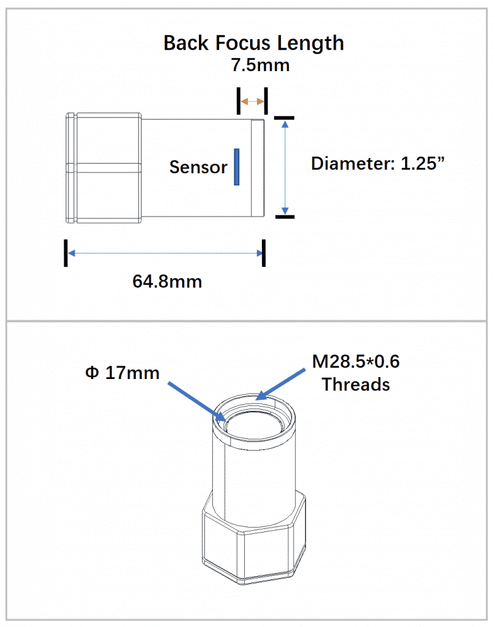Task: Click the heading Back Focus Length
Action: click(x=253, y=43)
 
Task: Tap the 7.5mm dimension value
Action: click(x=260, y=65)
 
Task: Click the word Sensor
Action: click(x=198, y=167)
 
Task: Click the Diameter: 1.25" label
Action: click(x=377, y=163)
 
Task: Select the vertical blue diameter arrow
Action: click(x=284, y=166)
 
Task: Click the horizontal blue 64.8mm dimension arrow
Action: click(x=164, y=253)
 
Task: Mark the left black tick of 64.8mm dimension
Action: click(x=65, y=253)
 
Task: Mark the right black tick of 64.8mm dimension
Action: click(x=264, y=253)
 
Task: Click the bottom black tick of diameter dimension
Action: click(x=284, y=216)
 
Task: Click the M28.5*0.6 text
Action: click(x=356, y=362)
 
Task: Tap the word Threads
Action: click(x=356, y=385)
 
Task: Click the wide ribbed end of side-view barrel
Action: click(x=103, y=167)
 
